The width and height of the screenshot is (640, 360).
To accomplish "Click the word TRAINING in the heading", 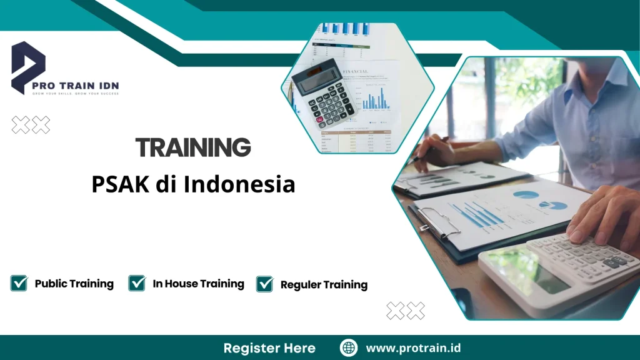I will (193, 148).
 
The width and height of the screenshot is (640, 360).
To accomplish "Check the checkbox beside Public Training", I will (19, 283).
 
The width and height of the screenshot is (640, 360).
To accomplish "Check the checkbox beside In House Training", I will (137, 283).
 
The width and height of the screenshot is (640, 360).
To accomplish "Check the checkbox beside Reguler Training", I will (265, 284).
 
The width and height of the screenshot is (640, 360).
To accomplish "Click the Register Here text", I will (269, 347).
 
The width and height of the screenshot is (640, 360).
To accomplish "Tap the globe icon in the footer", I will (349, 347).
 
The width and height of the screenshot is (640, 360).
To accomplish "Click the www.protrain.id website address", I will (413, 347).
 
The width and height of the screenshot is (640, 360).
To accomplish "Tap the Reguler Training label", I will (324, 284).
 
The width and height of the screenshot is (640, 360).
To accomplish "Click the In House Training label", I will (198, 284).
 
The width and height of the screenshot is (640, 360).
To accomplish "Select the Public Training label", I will (74, 284).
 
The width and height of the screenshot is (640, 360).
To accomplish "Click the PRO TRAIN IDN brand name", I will (76, 85).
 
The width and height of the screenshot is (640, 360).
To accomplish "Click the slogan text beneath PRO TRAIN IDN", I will (76, 93).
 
